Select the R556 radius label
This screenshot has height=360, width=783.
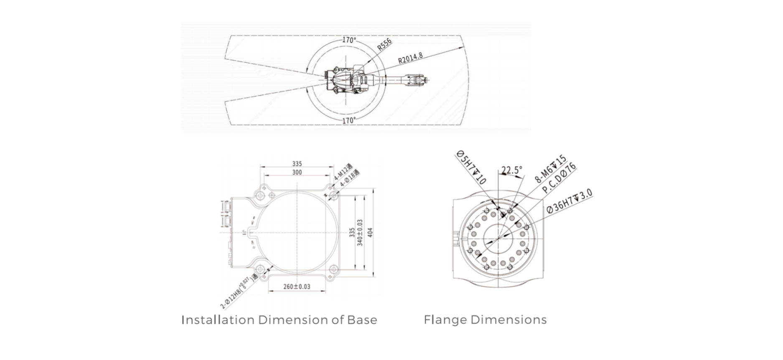pyautogui.click(x=384, y=44)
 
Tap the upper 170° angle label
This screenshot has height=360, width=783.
pyautogui.click(x=349, y=40)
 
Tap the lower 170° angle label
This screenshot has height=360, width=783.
pyautogui.click(x=349, y=120)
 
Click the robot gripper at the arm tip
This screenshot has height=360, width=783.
pyautogui.click(x=415, y=79)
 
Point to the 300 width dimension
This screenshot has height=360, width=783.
pyautogui.click(x=297, y=172)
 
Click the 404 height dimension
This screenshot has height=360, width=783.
pyautogui.click(x=370, y=233)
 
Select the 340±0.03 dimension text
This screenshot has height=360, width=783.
pyautogui.click(x=360, y=233)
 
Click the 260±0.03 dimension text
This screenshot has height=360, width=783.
pyautogui.click(x=297, y=286)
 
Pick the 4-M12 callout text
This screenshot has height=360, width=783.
pyautogui.click(x=343, y=172)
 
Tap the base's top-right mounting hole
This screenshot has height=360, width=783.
pyautogui.click(x=333, y=195)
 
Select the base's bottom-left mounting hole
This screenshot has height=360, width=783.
pyautogui.click(x=260, y=269)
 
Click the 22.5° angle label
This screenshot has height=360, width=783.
pyautogui.click(x=512, y=170)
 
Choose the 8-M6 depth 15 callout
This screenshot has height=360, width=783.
pyautogui.click(x=550, y=169)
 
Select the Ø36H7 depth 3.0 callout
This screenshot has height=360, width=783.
pyautogui.click(x=569, y=201)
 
